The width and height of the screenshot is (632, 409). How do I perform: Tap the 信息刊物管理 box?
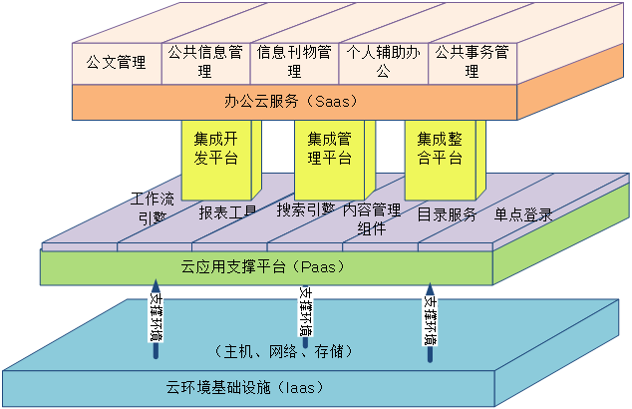pyautogui.click(x=294, y=61)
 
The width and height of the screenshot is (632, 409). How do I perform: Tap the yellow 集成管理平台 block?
pyautogui.click(x=329, y=149)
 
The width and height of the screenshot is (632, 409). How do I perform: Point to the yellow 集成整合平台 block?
pyautogui.click(x=440, y=149)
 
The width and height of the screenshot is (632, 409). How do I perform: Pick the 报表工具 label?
pyautogui.click(x=227, y=212)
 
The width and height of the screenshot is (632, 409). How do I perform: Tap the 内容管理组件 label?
pyautogui.click(x=371, y=218)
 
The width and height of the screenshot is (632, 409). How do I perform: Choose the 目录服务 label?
pyautogui.click(x=447, y=213)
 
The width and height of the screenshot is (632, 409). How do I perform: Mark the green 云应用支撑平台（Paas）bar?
pyautogui.click(x=261, y=267)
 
